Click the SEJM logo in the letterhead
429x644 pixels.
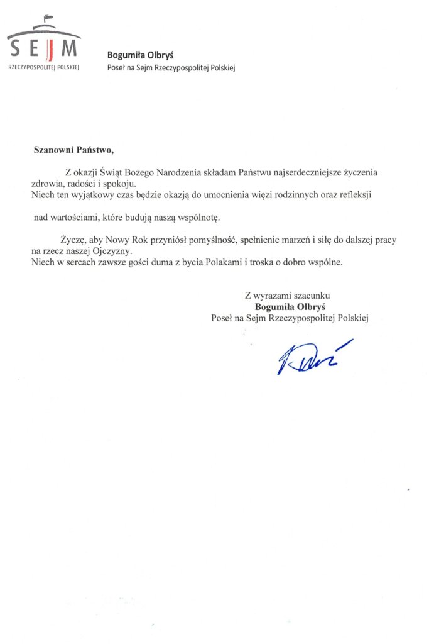point(44,47)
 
